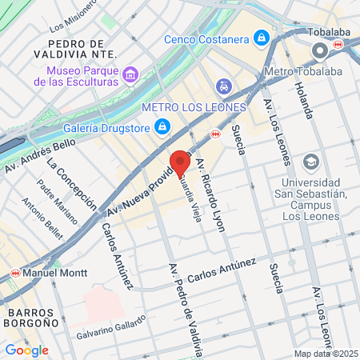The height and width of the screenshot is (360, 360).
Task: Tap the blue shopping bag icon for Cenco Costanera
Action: (261, 38)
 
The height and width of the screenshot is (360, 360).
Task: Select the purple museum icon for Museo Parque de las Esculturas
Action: (130, 75)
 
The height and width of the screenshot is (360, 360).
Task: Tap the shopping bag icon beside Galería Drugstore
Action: (162, 126)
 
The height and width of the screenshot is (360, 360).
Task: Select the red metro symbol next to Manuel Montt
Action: (14, 273)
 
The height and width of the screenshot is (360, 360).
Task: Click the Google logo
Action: (26, 350)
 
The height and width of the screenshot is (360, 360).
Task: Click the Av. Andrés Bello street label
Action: (40, 156)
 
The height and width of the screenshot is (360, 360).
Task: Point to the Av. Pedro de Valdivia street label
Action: (183, 308)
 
